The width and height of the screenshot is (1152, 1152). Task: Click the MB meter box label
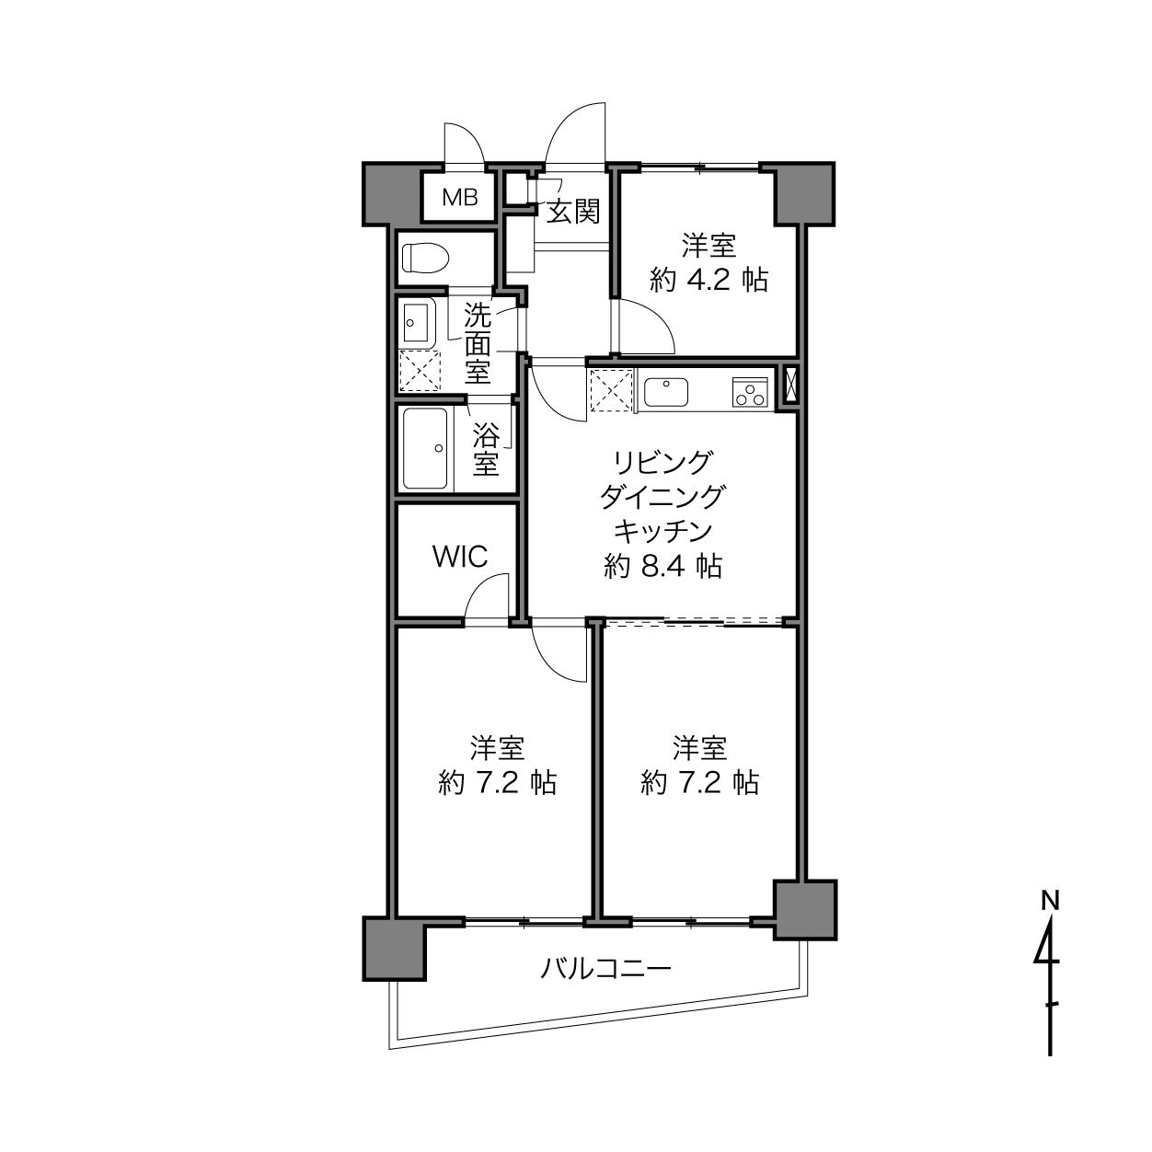click(459, 197)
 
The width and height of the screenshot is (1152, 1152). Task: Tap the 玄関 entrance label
click(573, 212)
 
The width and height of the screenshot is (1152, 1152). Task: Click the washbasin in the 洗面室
click(415, 322)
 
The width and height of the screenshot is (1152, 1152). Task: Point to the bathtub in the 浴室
click(425, 450)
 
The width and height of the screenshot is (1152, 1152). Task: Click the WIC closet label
click(460, 558)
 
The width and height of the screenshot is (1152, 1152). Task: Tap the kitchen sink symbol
click(665, 391)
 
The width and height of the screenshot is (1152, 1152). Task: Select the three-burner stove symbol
click(749, 391)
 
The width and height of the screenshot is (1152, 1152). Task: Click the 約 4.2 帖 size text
click(708, 280)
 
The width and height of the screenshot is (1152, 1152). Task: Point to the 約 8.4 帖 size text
click(662, 566)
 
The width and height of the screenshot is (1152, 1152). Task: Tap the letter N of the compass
click(1049, 900)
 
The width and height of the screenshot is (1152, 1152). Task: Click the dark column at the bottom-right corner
click(805, 909)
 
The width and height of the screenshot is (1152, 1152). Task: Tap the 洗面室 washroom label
click(478, 344)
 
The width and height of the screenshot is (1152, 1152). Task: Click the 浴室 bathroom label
click(485, 450)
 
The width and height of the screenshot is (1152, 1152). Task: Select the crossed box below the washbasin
click(420, 371)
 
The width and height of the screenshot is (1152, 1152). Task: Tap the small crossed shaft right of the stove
click(789, 386)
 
